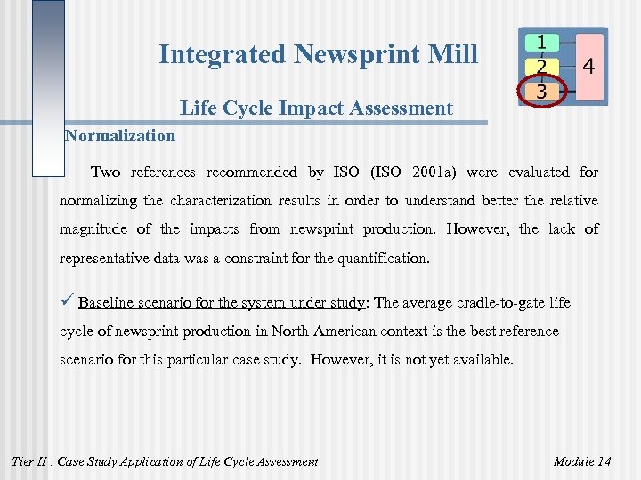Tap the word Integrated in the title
(223, 55)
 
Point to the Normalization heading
(120, 136)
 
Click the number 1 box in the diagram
(542, 43)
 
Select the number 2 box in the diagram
(542, 67)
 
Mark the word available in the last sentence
(484, 361)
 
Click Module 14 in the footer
(582, 461)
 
